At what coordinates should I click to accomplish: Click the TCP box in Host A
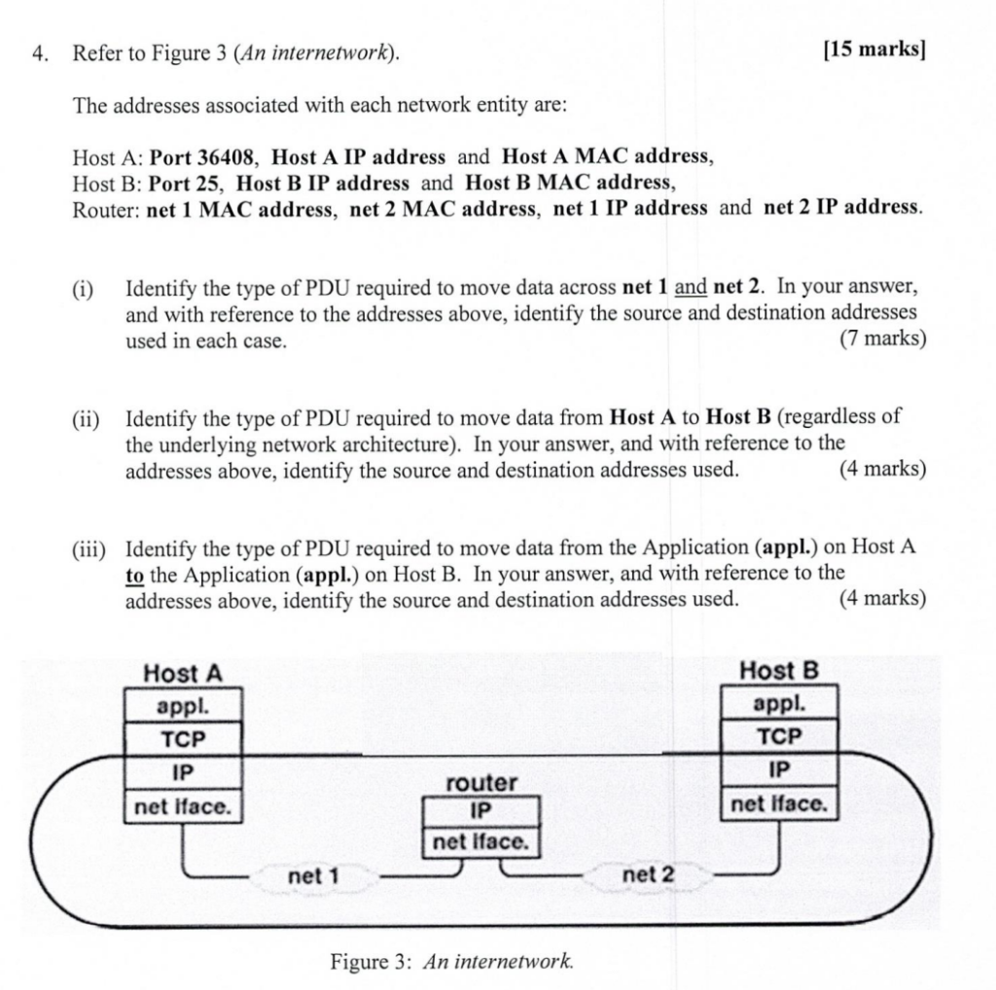[x=183, y=738]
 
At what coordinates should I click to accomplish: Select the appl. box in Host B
[x=778, y=703]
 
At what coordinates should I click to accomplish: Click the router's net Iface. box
[x=480, y=842]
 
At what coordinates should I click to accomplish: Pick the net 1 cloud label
[x=313, y=876]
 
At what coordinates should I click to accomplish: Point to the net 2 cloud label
[x=647, y=875]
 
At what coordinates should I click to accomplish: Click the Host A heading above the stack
[x=183, y=672]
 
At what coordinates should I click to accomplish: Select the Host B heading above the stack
[x=779, y=670]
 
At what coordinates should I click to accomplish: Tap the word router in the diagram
[x=481, y=783]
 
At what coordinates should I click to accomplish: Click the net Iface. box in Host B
[x=779, y=804]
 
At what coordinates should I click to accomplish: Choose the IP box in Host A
[x=183, y=772]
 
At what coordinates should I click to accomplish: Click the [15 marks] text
[x=872, y=52]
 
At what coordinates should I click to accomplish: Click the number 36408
[x=227, y=157]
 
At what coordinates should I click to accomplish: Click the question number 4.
[x=39, y=53]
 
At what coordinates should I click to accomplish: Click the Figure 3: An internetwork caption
[x=452, y=962]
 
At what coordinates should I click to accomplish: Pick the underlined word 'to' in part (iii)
[x=134, y=574]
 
